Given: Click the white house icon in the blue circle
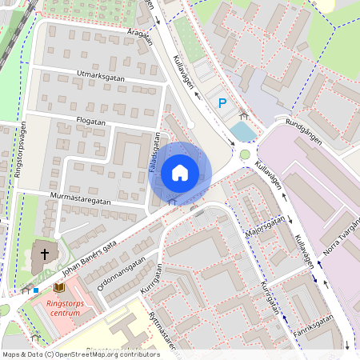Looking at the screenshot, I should tap(179, 172).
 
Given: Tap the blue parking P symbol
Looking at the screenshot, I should tap(222, 102).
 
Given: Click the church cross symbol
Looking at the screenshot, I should tap(45, 255).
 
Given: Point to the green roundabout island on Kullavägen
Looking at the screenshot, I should tap(245, 154).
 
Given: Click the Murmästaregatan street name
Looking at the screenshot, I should tap(86, 197).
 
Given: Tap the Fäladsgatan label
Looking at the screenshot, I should tap(156, 152).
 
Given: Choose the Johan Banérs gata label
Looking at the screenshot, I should tap(90, 258).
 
